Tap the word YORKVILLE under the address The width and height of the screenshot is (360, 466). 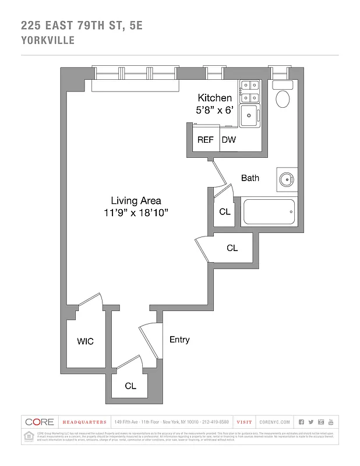click(x=47, y=41)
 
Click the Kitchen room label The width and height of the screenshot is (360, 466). click(x=214, y=98)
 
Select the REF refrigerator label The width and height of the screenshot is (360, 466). click(x=205, y=140)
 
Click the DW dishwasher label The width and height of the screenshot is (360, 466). click(x=228, y=140)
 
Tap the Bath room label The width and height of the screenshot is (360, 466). click(x=250, y=178)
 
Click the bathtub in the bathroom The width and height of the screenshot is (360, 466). click(x=269, y=212)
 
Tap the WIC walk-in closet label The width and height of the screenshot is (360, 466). click(x=86, y=341)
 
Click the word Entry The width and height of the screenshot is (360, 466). click(x=179, y=340)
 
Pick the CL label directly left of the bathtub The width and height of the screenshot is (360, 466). click(x=224, y=212)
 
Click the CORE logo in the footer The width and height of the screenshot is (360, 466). click(x=39, y=422)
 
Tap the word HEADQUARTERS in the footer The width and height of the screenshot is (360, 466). click(x=85, y=422)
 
